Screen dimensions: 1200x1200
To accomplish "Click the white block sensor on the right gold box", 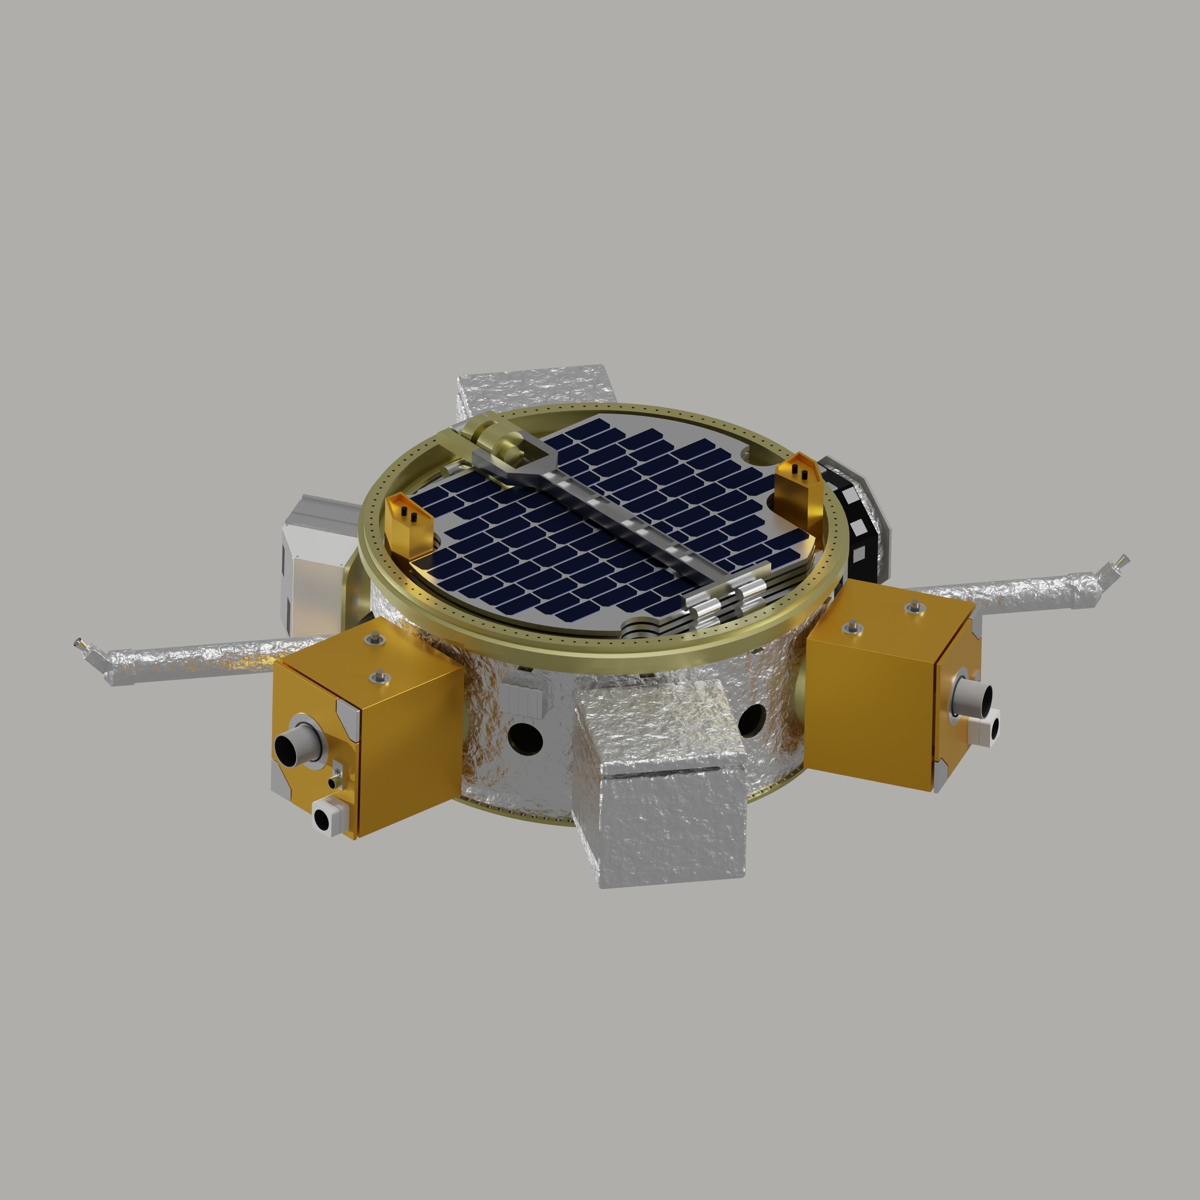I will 988,730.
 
